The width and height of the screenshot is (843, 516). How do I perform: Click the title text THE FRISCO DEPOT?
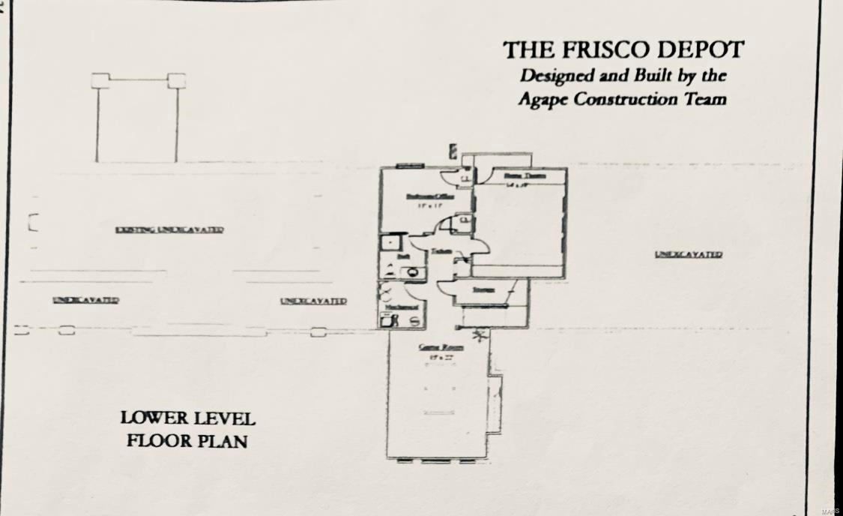click(x=623, y=50)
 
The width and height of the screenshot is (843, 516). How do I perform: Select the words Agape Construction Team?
click(x=622, y=100)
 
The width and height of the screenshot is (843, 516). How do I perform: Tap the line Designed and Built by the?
click(x=623, y=76)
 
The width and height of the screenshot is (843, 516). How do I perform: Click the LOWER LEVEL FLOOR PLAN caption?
click(x=187, y=429)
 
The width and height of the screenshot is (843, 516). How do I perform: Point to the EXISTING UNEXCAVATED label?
click(x=169, y=229)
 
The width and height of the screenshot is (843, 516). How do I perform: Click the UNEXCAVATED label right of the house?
click(x=688, y=254)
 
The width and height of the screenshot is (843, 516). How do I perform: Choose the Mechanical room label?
click(x=402, y=307)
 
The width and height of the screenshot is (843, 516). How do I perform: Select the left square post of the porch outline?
click(x=100, y=80)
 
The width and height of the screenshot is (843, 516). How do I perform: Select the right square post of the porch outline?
click(x=176, y=80)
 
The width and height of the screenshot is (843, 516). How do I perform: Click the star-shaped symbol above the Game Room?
click(x=478, y=334)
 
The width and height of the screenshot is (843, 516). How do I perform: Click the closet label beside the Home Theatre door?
click(x=465, y=178)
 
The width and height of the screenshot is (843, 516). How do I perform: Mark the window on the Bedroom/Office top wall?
click(x=410, y=166)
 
